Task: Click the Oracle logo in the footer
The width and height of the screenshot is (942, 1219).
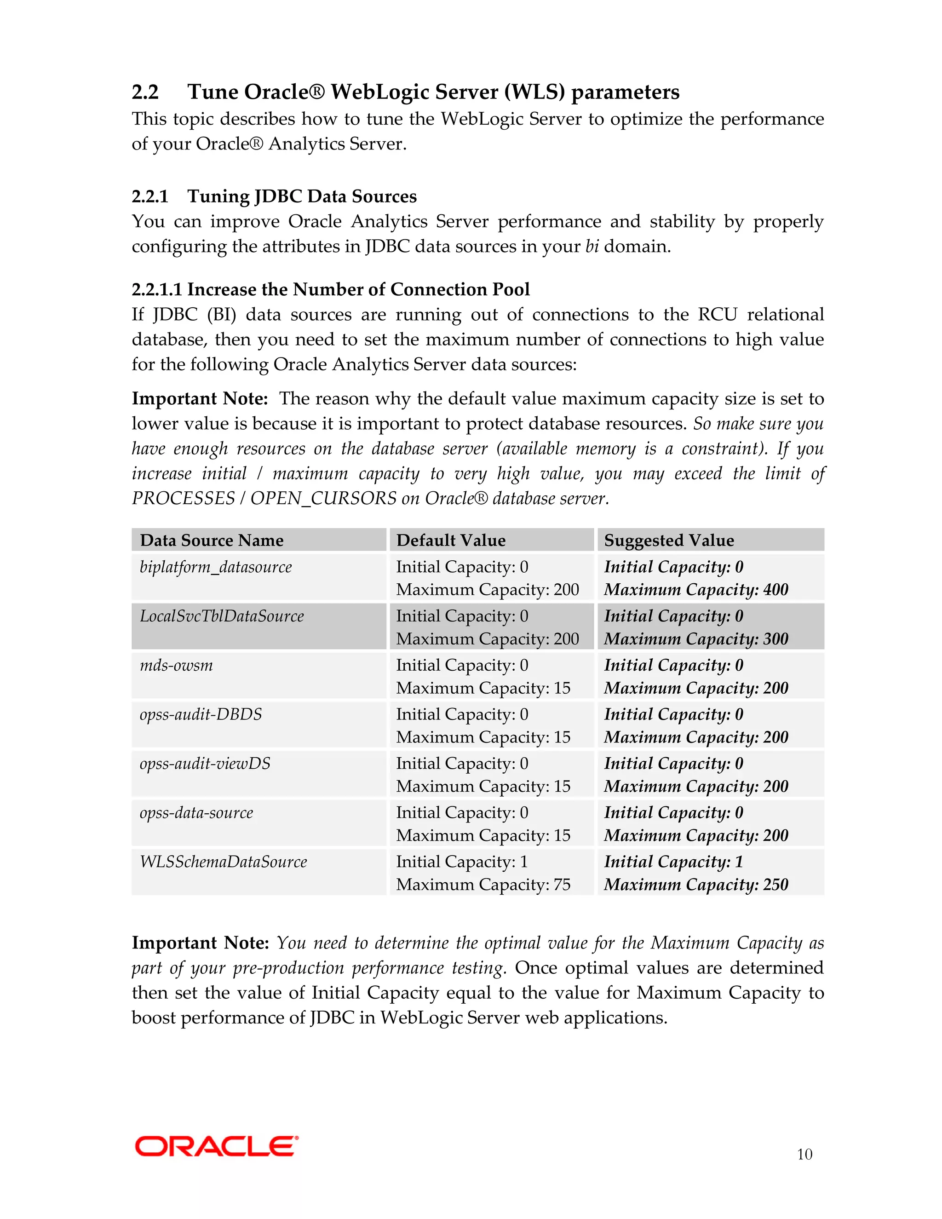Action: (216, 1146)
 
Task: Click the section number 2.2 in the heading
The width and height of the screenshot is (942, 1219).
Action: (145, 92)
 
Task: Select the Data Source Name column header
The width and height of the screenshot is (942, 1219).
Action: (212, 540)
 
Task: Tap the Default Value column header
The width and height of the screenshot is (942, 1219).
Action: (450, 540)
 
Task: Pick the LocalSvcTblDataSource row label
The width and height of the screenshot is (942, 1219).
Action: (222, 616)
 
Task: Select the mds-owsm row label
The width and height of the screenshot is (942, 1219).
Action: (176, 665)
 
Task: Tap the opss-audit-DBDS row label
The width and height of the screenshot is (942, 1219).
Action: (201, 714)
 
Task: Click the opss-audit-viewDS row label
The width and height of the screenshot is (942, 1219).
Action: (205, 764)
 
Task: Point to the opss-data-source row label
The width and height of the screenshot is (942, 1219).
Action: (196, 813)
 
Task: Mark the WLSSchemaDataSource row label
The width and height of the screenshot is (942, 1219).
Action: (223, 862)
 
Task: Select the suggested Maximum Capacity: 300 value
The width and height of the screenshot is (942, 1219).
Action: (696, 639)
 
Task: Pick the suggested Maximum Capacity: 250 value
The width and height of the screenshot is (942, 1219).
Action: (696, 885)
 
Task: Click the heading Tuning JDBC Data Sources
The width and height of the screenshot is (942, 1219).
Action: (302, 196)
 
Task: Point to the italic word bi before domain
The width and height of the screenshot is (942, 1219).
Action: (592, 246)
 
